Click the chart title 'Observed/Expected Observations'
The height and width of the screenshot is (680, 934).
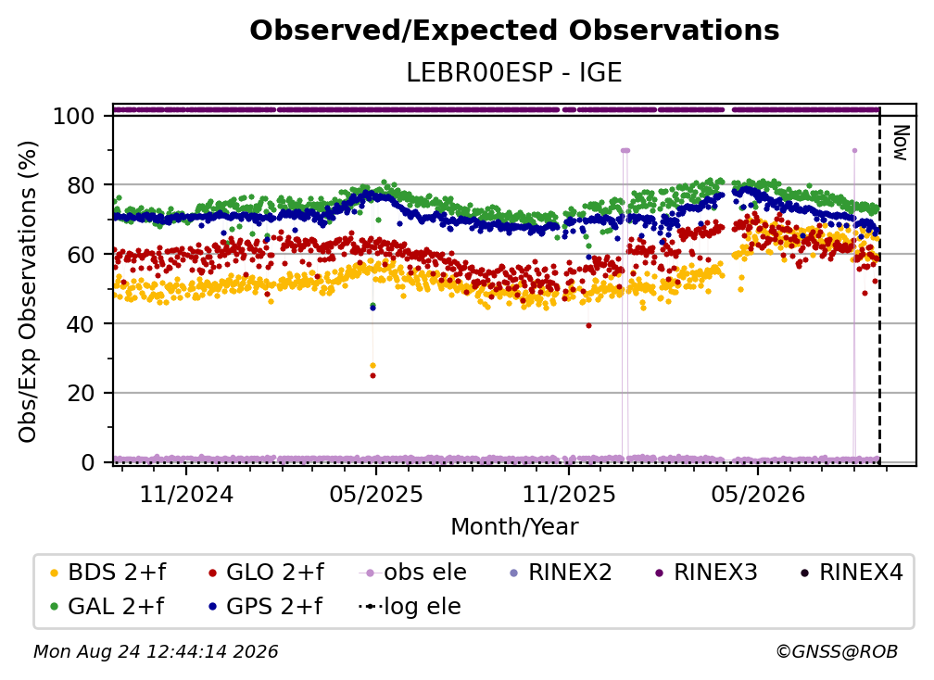click(x=514, y=31)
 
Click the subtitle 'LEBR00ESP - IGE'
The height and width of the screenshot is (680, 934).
click(x=514, y=73)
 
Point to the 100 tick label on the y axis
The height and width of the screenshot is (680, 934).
click(x=74, y=116)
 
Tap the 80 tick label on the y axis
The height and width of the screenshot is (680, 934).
click(x=81, y=185)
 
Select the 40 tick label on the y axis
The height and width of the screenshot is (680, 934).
click(x=81, y=324)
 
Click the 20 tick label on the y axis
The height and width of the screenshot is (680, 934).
click(x=81, y=394)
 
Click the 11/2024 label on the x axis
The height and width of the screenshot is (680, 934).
click(x=186, y=494)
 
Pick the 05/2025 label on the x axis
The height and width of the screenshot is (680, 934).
click(x=376, y=494)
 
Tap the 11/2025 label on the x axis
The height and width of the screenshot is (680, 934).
click(x=569, y=494)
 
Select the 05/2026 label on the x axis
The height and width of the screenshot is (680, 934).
click(x=758, y=494)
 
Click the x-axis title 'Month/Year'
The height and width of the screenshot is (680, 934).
click(x=514, y=527)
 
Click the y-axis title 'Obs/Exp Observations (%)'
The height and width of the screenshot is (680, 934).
click(x=28, y=292)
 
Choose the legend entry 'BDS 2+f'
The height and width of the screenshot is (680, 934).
click(x=107, y=573)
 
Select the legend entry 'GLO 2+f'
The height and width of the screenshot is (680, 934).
click(x=266, y=573)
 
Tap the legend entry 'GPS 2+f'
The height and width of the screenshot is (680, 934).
click(x=265, y=607)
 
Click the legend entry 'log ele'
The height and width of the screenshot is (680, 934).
click(x=410, y=607)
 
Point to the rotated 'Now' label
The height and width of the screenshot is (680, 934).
click(x=900, y=143)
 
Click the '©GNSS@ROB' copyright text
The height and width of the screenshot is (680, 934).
click(x=837, y=652)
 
